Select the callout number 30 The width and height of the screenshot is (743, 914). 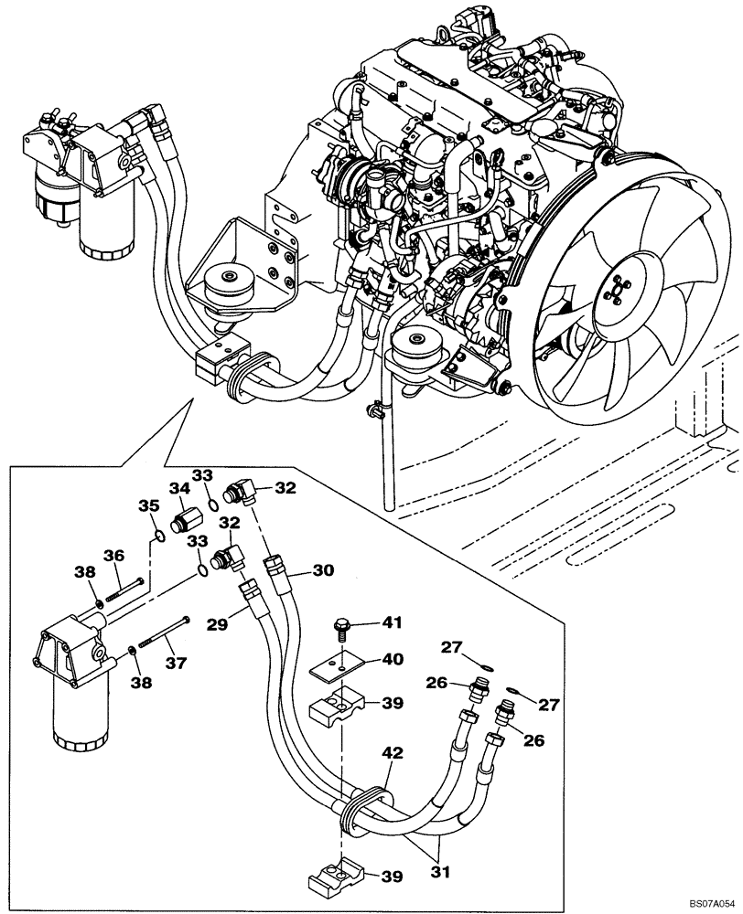(321, 570)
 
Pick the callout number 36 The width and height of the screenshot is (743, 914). (113, 555)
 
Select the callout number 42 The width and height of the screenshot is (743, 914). (391, 756)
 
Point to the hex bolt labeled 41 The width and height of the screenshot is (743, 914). (341, 629)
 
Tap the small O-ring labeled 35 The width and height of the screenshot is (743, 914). (159, 536)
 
